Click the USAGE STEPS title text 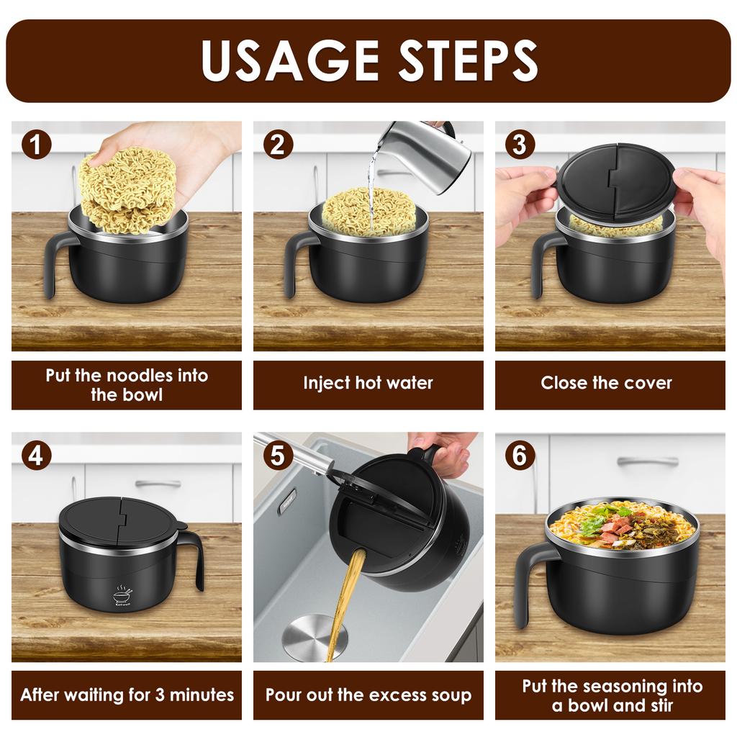click(368, 60)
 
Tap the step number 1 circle click(36, 145)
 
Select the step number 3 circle click(520, 145)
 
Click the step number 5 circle click(278, 456)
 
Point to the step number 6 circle click(520, 456)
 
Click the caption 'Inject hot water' click(368, 383)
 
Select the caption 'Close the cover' click(606, 383)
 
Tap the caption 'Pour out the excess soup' click(368, 695)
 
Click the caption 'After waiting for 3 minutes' click(127, 695)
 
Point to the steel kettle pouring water click(425, 153)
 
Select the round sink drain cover click(314, 636)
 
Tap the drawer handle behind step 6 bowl click(647, 461)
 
